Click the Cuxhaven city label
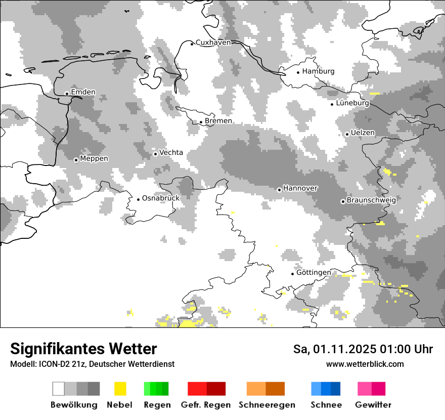coord(213,43)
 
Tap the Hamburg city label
coord(319,71)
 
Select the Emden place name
coord(83,92)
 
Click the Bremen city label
coord(218,121)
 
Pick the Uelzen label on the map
coord(363,133)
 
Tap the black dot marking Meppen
coord(76,160)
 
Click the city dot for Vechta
coord(155,154)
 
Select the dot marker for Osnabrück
coord(138,199)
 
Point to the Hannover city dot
coord(279,190)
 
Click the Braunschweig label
coord(371,200)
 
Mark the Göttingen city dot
coord(292,274)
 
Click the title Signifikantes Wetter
coord(83,349)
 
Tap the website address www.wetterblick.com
coord(365,364)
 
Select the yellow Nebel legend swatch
coord(120,389)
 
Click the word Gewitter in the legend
coord(373,405)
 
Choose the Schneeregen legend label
coord(267,405)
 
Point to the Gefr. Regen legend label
coord(206,405)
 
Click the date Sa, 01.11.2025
coord(334,349)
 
